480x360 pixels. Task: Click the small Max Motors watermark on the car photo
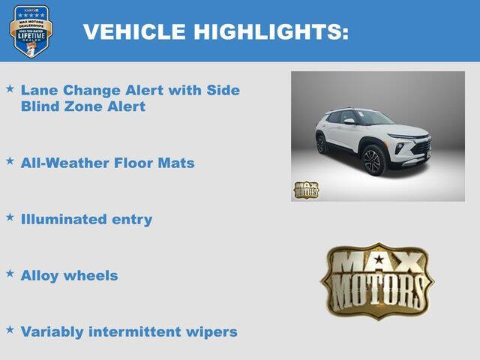pos(305,190)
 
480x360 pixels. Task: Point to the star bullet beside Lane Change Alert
pos(10,88)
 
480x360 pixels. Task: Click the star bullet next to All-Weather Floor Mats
pos(10,160)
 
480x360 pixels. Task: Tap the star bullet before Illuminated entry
pos(10,217)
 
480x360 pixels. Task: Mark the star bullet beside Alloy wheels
pos(10,273)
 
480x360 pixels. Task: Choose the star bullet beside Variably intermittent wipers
pos(10,329)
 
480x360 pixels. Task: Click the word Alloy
pos(40,275)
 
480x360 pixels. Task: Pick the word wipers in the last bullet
pos(212,331)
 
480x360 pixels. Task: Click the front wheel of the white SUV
pos(373,160)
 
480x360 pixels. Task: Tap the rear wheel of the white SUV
pos(321,144)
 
